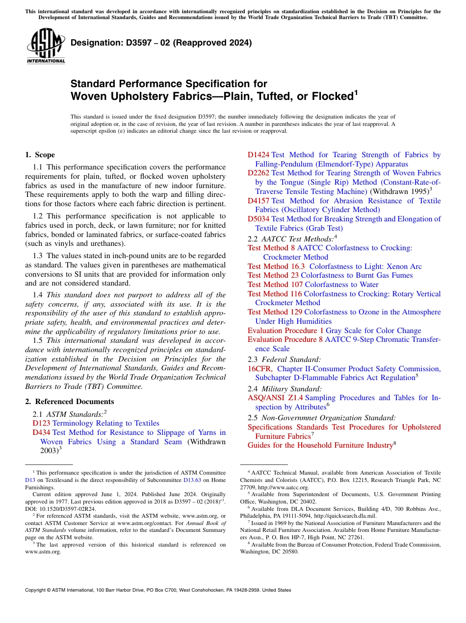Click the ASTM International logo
[46, 47]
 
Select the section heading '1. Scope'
[40, 155]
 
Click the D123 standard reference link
[41, 423]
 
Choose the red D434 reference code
[41, 432]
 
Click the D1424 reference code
[259, 155]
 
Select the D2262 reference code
[259, 173]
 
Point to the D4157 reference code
[259, 201]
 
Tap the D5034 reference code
[259, 219]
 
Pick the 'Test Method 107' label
[275, 285]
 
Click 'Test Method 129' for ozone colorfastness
[275, 312]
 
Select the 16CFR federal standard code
[260, 369]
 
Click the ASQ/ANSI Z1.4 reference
[275, 398]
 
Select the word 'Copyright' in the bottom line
[37, 590]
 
